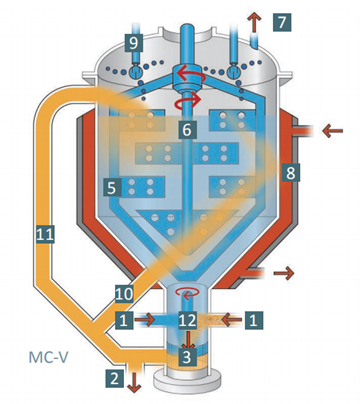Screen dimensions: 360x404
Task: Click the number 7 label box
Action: point(282,22)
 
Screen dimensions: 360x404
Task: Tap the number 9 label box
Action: point(134,43)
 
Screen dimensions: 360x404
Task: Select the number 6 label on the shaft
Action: point(187,130)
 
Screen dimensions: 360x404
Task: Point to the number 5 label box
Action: point(112,188)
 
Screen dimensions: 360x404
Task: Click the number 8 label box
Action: point(291,173)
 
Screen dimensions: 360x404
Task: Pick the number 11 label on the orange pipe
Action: point(45,234)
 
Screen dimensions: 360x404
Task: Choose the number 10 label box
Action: point(124,294)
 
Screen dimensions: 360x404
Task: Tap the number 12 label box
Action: point(187,320)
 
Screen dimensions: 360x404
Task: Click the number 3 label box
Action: point(187,356)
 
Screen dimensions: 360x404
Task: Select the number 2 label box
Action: point(115,378)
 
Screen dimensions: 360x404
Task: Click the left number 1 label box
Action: point(124,320)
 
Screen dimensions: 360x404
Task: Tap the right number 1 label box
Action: point(253,320)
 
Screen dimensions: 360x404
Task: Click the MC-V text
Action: point(49,357)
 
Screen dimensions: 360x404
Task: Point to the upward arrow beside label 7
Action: point(254,22)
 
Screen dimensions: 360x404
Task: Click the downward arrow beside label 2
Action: point(135,383)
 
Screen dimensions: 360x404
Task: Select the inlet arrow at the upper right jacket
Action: point(333,130)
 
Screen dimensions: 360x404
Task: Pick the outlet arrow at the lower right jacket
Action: point(284,273)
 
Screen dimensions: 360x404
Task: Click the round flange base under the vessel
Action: point(187,380)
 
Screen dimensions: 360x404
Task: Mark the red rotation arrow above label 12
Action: point(188,293)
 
